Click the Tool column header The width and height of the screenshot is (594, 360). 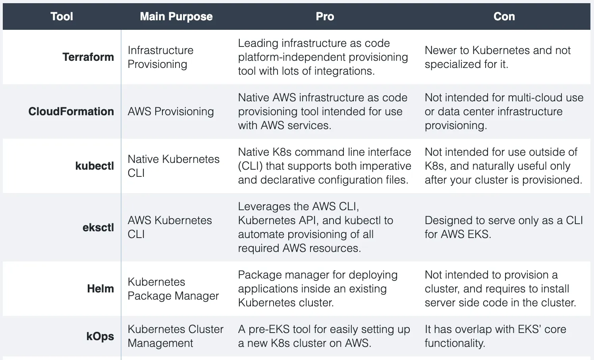pyautogui.click(x=62, y=16)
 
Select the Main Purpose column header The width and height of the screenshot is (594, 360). pyautogui.click(x=176, y=16)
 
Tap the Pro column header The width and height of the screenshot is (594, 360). pyautogui.click(x=325, y=16)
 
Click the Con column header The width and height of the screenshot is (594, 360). pyautogui.click(x=504, y=16)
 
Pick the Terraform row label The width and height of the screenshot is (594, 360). pyautogui.click(x=88, y=57)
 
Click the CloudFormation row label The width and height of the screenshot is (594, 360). pyautogui.click(x=71, y=111)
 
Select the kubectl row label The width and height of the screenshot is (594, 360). pyautogui.click(x=94, y=166)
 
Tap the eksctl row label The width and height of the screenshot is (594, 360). pyautogui.click(x=98, y=227)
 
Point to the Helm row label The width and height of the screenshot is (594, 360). pyautogui.click(x=100, y=288)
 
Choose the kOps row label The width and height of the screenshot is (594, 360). pyautogui.click(x=100, y=337)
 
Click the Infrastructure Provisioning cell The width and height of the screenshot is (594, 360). pyautogui.click(x=160, y=57)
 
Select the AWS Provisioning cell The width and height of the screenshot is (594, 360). pyautogui.click(x=171, y=111)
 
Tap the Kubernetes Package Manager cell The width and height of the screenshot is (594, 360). pyautogui.click(x=173, y=288)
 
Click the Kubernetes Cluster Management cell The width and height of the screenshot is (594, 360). pyautogui.click(x=175, y=336)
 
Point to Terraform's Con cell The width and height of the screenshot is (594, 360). pyautogui.click(x=498, y=57)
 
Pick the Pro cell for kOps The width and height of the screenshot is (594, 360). pyautogui.click(x=324, y=336)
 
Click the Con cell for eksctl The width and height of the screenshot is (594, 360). pyautogui.click(x=503, y=227)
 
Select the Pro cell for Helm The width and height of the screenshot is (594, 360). pyautogui.click(x=318, y=288)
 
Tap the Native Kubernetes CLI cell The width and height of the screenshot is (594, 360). pyautogui.click(x=174, y=166)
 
